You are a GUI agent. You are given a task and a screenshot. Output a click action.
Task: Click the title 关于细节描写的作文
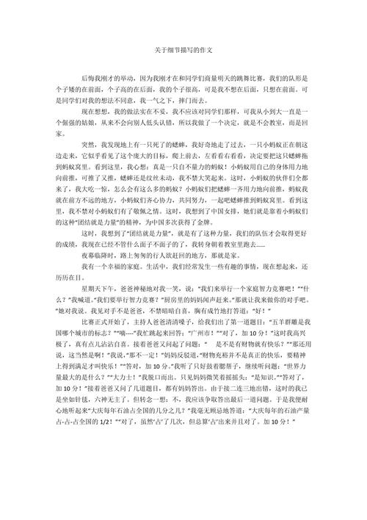click(183, 51)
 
